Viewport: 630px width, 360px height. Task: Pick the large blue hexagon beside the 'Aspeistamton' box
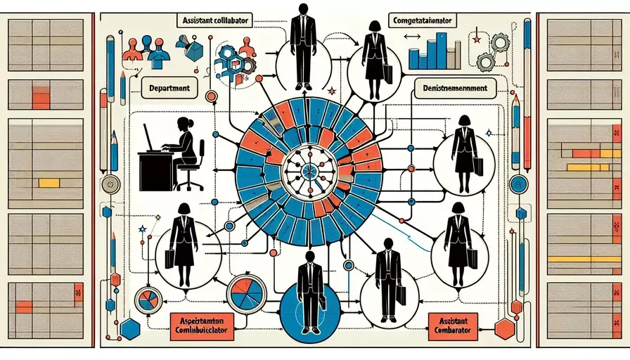pos(131,328)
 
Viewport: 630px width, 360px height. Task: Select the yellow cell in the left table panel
pos(49,183)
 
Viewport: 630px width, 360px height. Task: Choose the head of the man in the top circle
pos(303,10)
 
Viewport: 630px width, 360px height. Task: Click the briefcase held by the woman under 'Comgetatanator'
pos(387,71)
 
